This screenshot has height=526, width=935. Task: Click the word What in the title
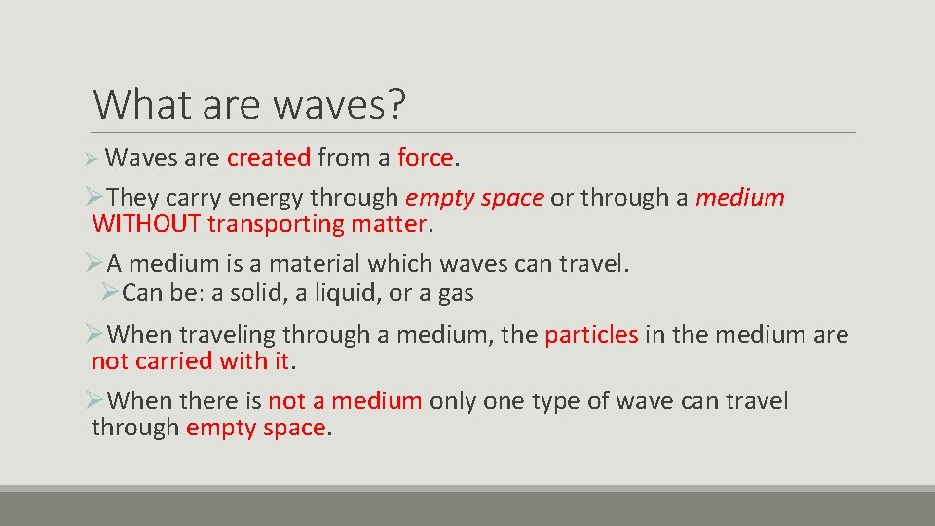[x=139, y=103]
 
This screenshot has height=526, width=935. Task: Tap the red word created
[x=269, y=157]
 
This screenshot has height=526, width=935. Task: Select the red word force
[x=425, y=157]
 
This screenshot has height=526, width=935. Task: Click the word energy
[x=266, y=198]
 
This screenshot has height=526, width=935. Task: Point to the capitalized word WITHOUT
[x=146, y=225]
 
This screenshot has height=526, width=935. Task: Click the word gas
[x=456, y=292]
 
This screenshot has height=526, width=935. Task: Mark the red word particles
[x=591, y=335]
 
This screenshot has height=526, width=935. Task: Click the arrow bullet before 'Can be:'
[x=109, y=292]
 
